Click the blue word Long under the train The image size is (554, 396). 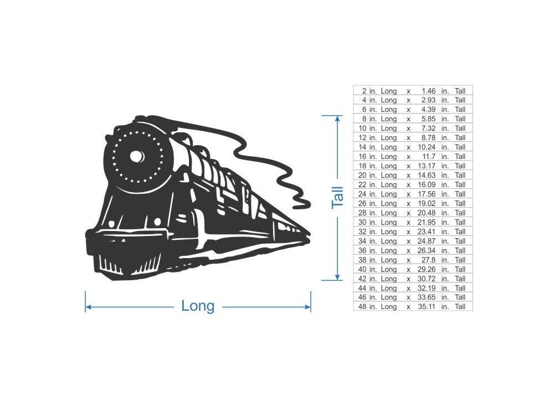[x=198, y=306]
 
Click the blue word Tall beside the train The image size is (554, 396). [x=337, y=198]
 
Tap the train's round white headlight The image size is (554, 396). [x=137, y=156]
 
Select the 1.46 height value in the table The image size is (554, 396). [x=428, y=91]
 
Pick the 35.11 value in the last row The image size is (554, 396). [x=427, y=307]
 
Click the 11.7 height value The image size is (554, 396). [x=429, y=157]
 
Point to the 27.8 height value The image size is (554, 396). [x=429, y=260]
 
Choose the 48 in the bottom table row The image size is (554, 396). [x=362, y=307]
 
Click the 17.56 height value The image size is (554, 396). [x=427, y=194]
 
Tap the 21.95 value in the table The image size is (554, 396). [x=427, y=222]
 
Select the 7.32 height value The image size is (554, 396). [x=428, y=128]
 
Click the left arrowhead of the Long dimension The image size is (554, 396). [x=88, y=307]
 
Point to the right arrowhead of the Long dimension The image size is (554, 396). [x=307, y=307]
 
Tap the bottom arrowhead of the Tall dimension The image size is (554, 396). [x=337, y=277]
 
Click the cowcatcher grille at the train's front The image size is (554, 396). [x=129, y=263]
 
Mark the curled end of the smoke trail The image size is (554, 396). [x=302, y=203]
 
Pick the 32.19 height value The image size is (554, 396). [x=427, y=288]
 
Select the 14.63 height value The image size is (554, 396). [x=427, y=175]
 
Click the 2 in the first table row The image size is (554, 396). [x=365, y=91]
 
